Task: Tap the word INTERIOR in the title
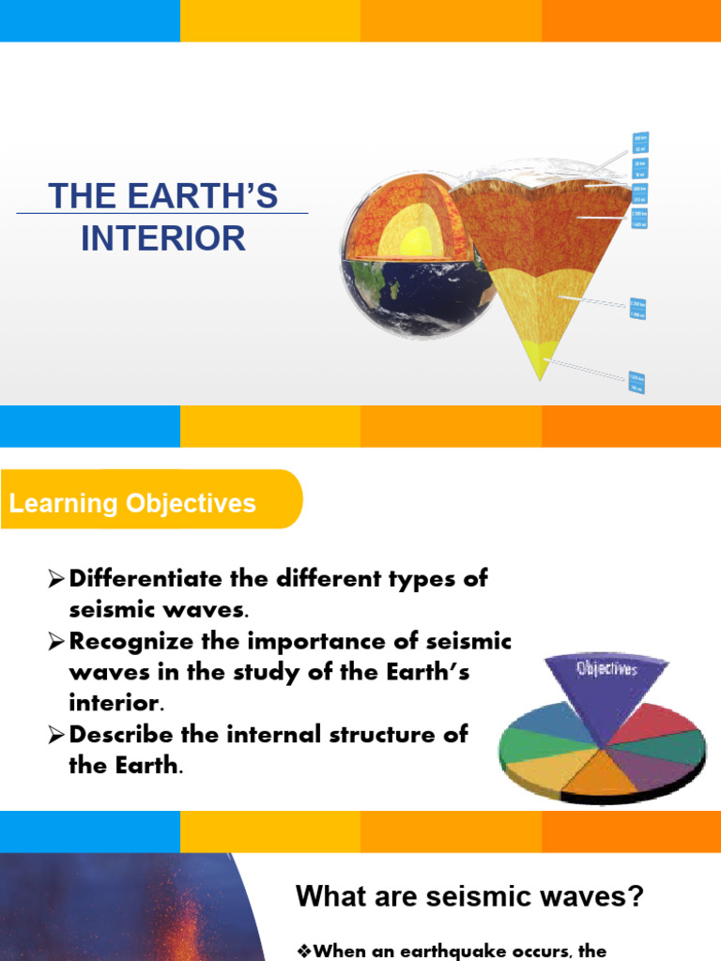click(163, 238)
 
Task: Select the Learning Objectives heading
click(132, 503)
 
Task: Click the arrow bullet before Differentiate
click(57, 580)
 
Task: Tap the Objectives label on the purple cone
click(606, 668)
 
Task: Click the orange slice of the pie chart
click(602, 774)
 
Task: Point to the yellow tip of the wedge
click(538, 362)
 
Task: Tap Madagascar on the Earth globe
click(395, 288)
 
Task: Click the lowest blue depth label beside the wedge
click(637, 383)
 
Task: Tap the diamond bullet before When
click(303, 952)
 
